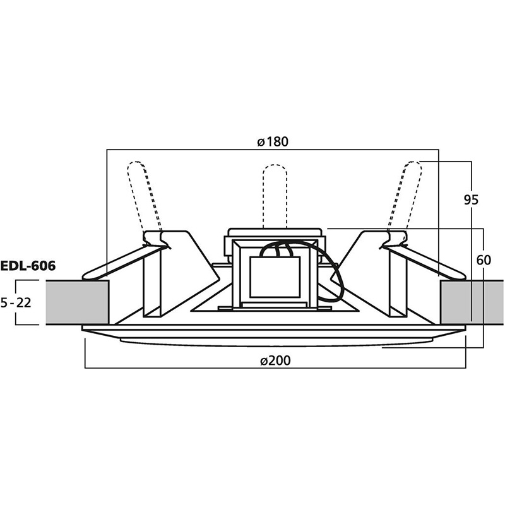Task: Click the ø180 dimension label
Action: click(x=273, y=141)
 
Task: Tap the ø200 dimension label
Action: click(x=275, y=360)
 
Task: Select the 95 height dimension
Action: click(x=471, y=200)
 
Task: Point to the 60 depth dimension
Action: click(x=484, y=260)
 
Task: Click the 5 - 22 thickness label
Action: click(x=16, y=303)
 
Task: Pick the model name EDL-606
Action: click(x=28, y=266)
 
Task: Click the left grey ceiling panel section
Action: click(x=77, y=302)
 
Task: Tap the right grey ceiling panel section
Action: click(x=472, y=302)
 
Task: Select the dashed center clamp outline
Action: click(x=275, y=196)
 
